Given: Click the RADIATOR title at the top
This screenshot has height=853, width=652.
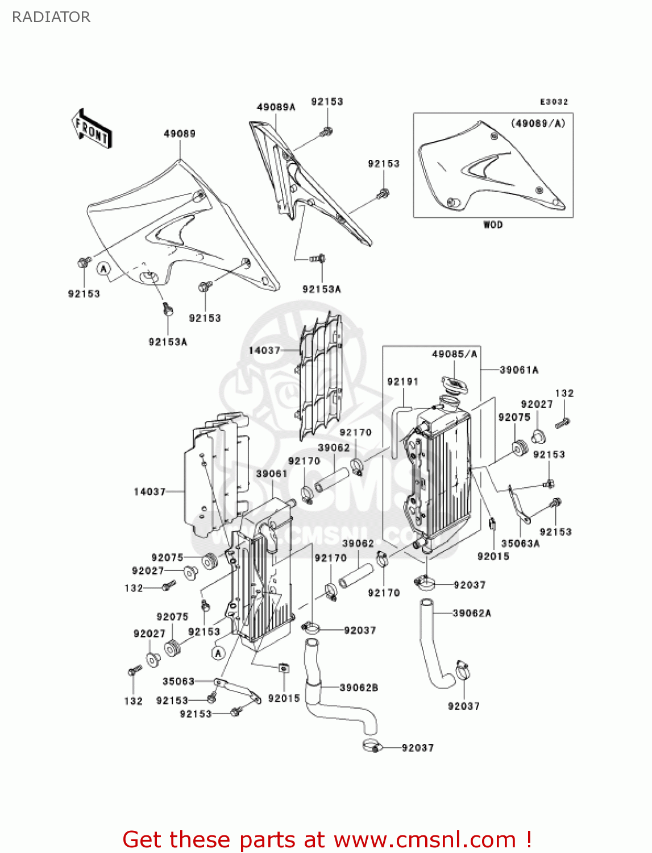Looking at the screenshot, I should pyautogui.click(x=51, y=17).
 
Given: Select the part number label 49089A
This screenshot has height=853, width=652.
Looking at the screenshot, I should pyautogui.click(x=276, y=107).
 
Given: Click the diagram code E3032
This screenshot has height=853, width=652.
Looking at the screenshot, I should pyautogui.click(x=554, y=102).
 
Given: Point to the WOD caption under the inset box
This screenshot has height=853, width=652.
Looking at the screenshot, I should pyautogui.click(x=493, y=225).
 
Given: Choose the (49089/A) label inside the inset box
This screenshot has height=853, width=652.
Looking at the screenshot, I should pyautogui.click(x=538, y=123).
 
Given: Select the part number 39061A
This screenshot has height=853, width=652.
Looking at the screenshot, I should pyautogui.click(x=519, y=370).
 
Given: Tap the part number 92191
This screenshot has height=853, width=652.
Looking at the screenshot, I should pyautogui.click(x=402, y=382).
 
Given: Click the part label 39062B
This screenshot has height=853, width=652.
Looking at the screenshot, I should pyautogui.click(x=359, y=688).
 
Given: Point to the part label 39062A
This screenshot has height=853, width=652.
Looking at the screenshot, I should pyautogui.click(x=472, y=613).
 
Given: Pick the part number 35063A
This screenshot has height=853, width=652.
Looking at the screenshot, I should pyautogui.click(x=520, y=543).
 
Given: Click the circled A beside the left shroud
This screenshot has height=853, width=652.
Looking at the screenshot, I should pyautogui.click(x=103, y=268).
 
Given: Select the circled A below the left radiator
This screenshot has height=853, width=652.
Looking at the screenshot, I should pyautogui.click(x=219, y=653).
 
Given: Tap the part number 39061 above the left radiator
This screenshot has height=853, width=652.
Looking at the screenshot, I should pyautogui.click(x=272, y=474).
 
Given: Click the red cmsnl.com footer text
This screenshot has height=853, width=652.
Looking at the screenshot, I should pyautogui.click(x=327, y=839).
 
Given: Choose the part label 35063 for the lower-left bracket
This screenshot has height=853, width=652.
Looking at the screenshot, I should pyautogui.click(x=178, y=681).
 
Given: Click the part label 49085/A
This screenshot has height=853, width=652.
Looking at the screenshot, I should pyautogui.click(x=455, y=354).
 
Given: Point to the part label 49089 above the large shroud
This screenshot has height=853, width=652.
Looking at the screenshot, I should pyautogui.click(x=180, y=134).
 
